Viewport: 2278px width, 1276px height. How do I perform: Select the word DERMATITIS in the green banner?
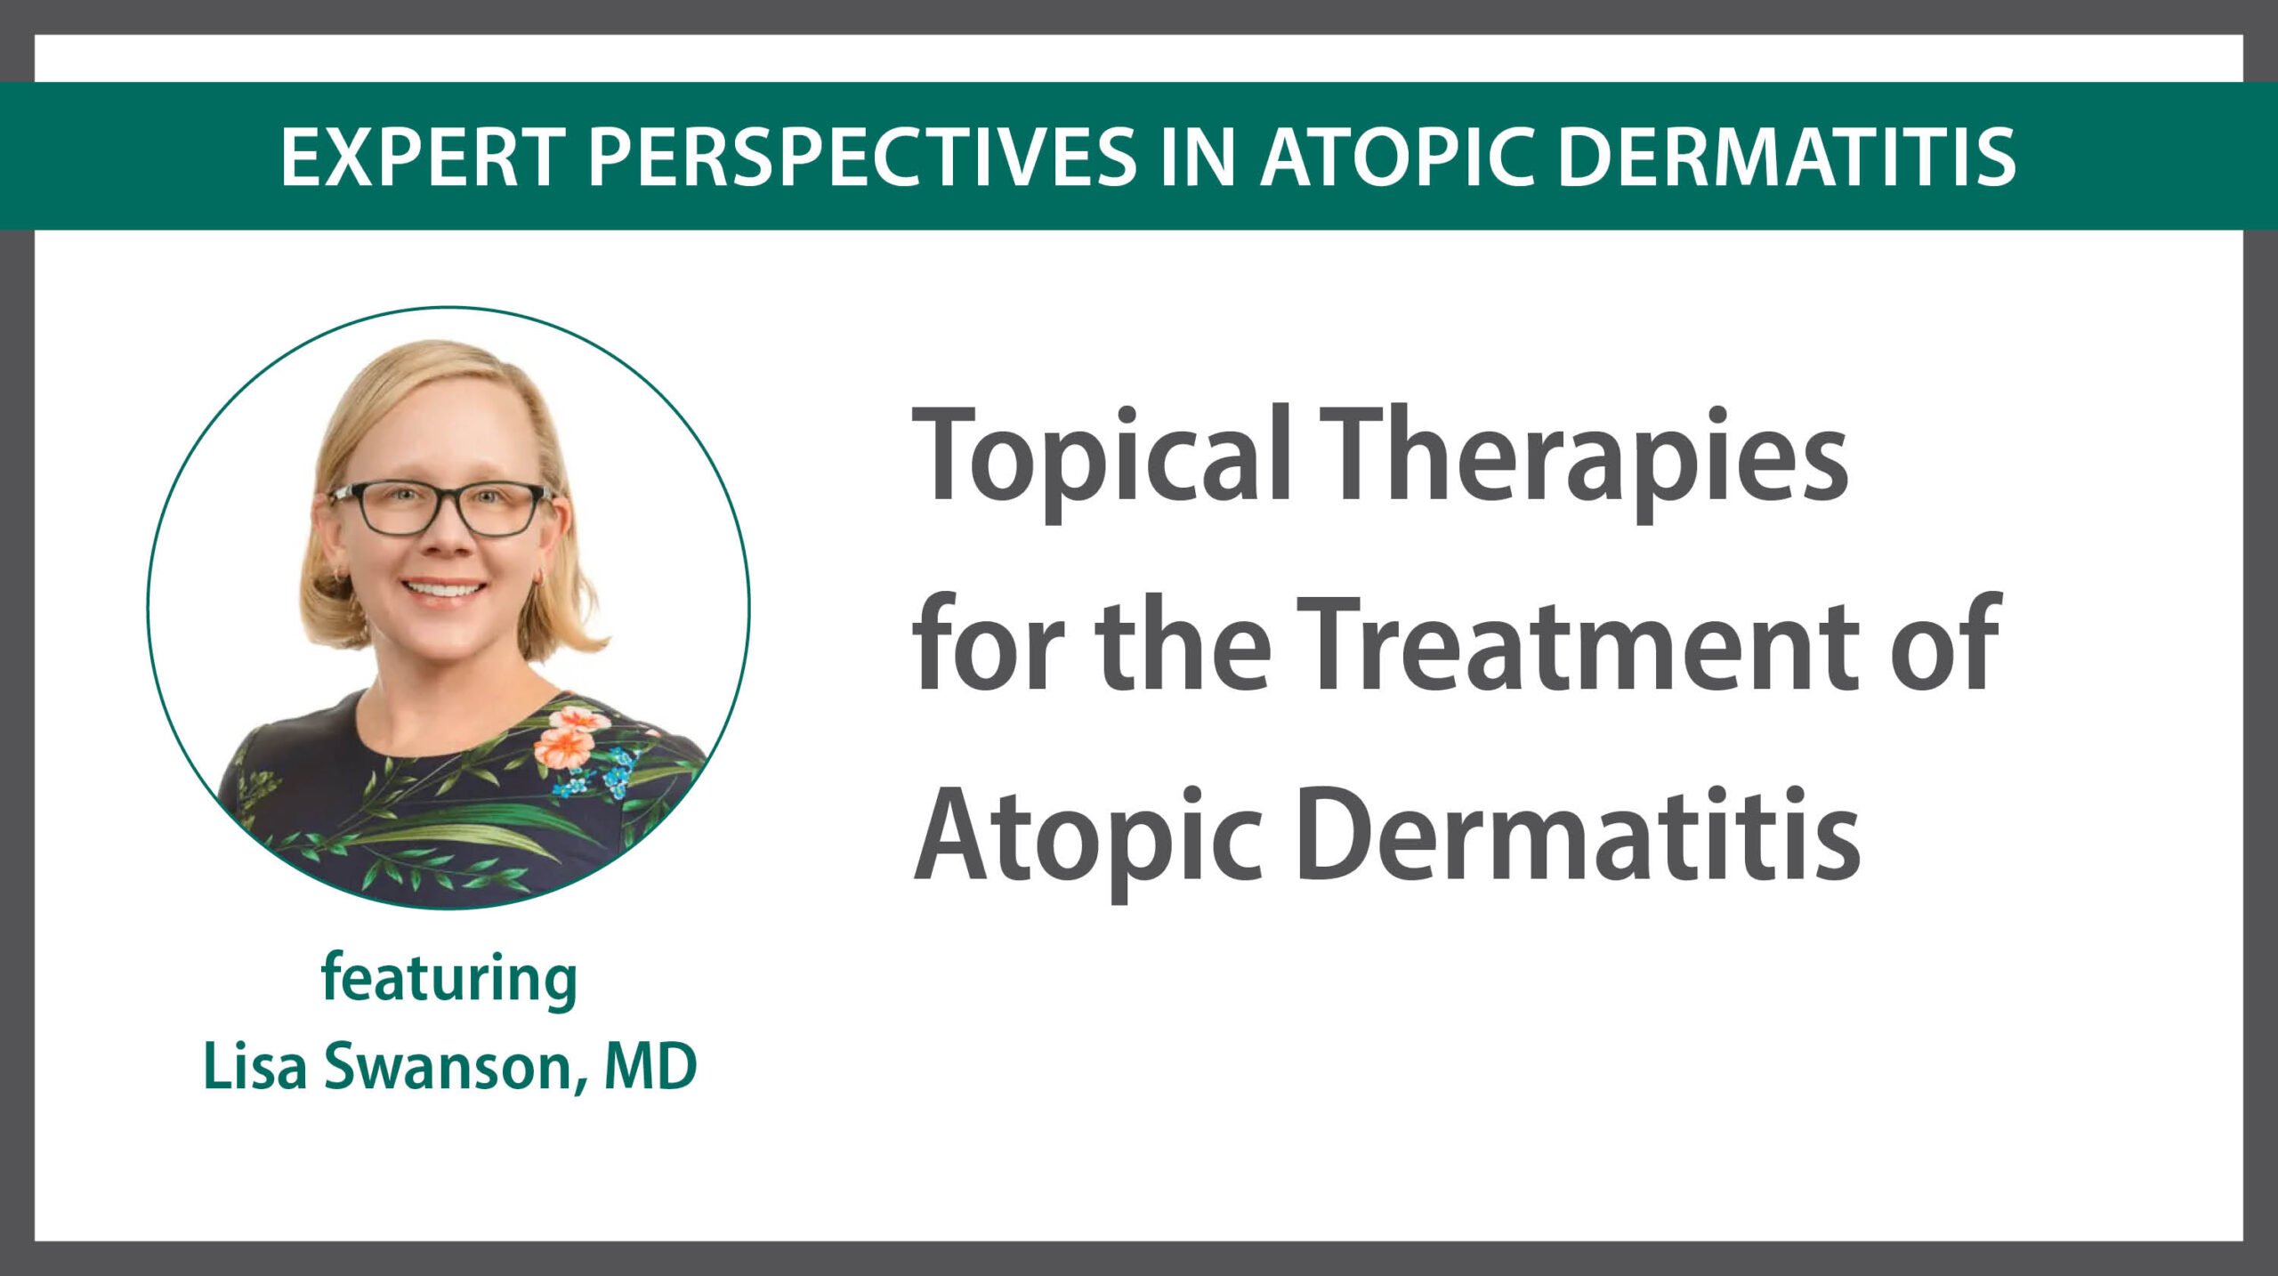1788,157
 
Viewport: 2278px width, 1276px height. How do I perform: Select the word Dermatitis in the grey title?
1579,833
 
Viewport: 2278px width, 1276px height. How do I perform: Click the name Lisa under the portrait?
256,1066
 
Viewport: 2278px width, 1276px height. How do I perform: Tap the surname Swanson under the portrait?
456,1068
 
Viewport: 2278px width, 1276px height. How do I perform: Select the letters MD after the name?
650,1066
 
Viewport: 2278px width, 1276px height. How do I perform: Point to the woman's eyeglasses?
441,508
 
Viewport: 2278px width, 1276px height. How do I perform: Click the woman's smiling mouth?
444,590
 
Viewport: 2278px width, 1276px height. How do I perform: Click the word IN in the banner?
1199,157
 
